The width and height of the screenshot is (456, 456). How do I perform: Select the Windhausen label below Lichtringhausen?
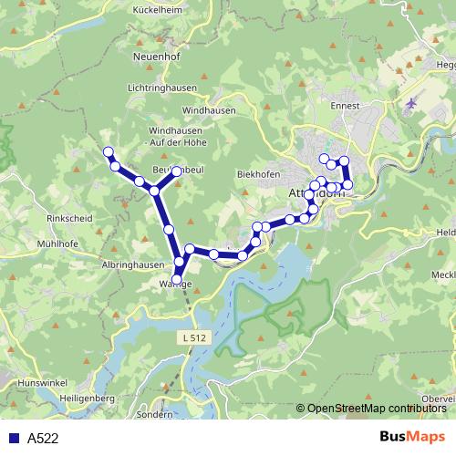[x=208, y=110]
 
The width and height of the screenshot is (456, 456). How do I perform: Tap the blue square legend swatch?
[x=13, y=439]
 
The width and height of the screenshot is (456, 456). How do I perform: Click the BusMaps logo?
[x=411, y=438]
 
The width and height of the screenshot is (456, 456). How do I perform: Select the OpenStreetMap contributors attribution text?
[x=376, y=409]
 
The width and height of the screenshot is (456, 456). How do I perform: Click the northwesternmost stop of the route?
[x=109, y=151]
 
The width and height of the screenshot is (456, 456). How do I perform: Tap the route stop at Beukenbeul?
[x=177, y=171]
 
